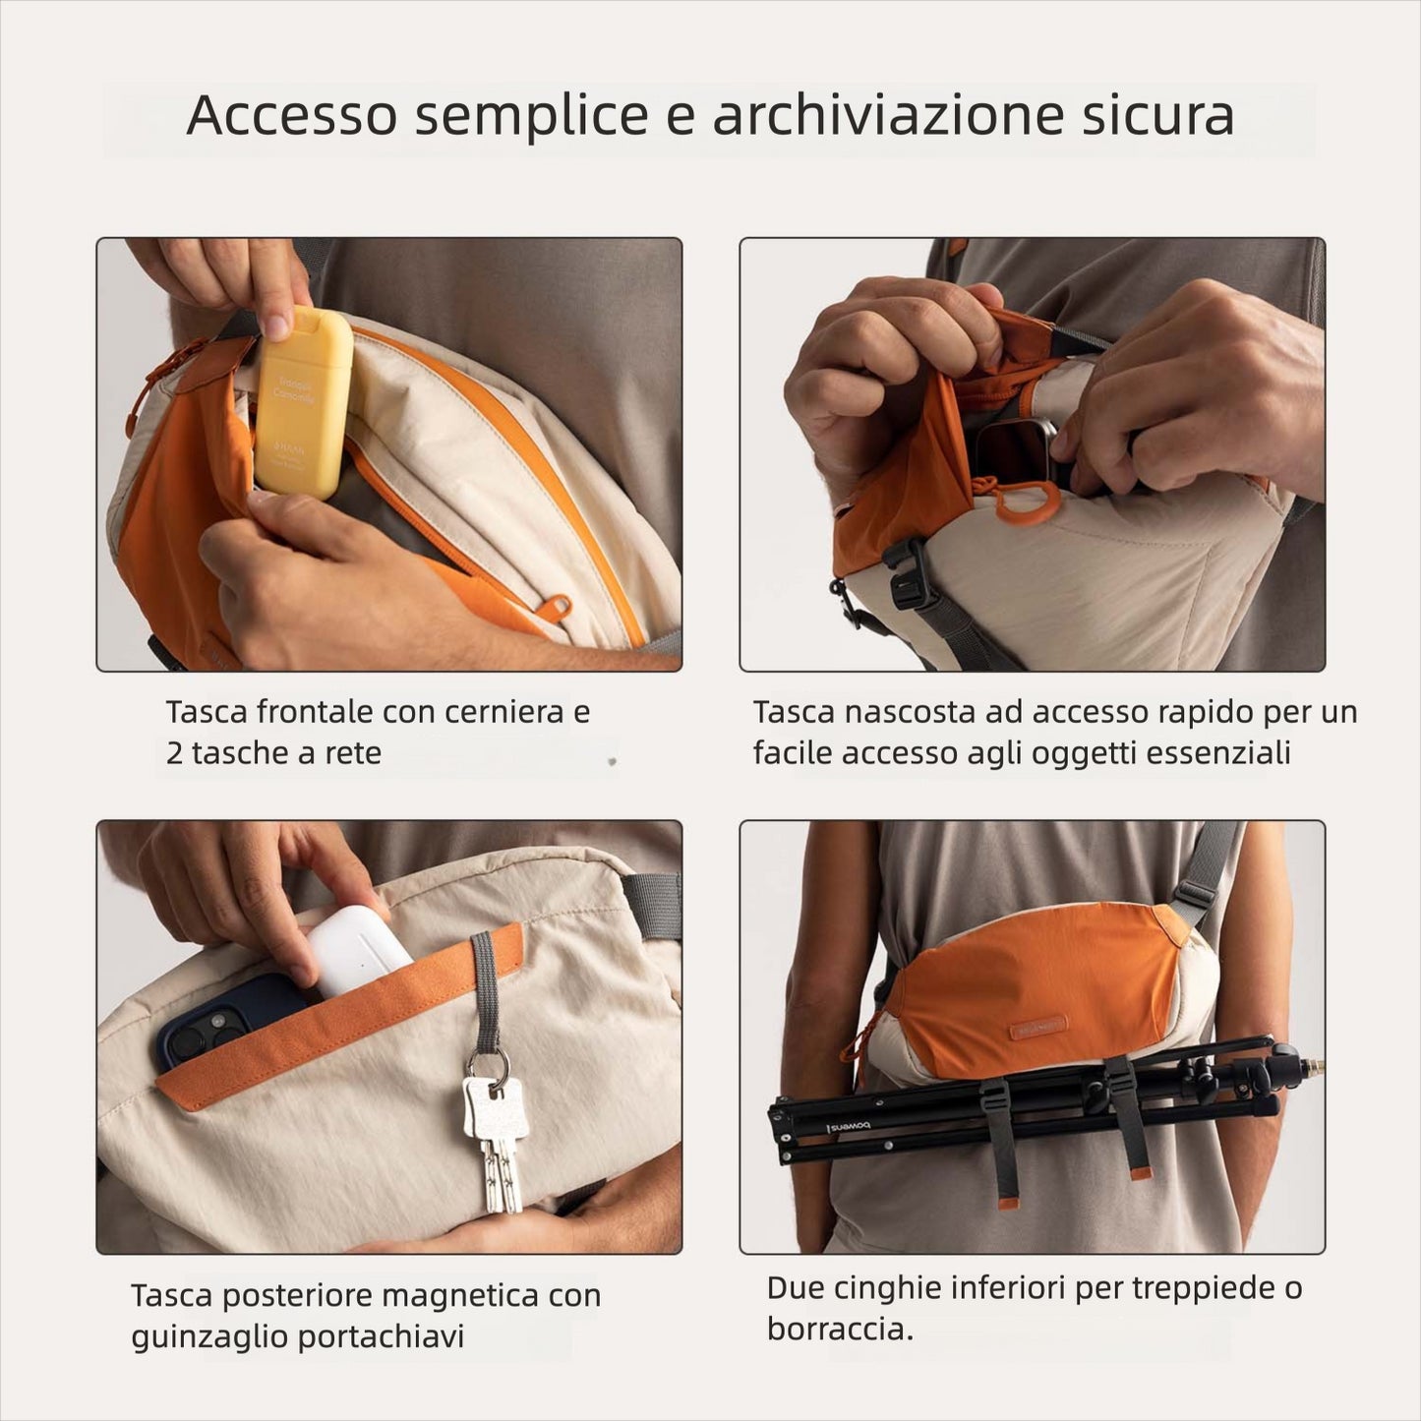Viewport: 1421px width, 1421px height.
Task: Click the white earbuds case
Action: click(359, 950)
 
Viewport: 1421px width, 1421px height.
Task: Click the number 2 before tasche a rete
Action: click(175, 754)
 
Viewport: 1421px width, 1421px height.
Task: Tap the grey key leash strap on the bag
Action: click(485, 988)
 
